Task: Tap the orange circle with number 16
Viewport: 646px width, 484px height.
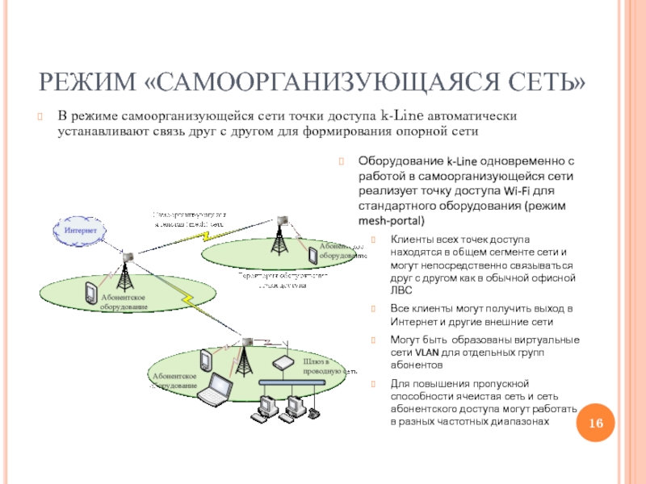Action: (x=597, y=425)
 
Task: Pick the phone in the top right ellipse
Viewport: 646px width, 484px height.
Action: (x=312, y=256)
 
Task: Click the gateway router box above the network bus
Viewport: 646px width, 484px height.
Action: (x=284, y=362)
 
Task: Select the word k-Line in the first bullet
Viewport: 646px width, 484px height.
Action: (x=404, y=115)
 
